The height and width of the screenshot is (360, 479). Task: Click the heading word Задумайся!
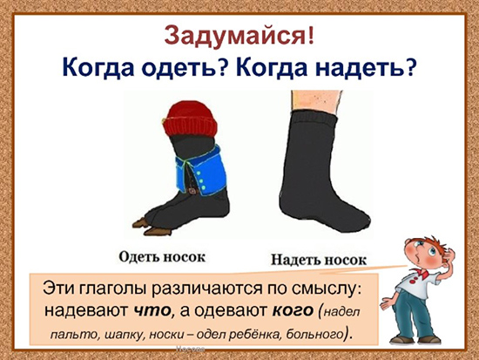[x=239, y=36]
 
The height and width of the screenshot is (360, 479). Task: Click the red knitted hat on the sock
[x=190, y=119]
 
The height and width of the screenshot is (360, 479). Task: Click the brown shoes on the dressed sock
[x=152, y=227]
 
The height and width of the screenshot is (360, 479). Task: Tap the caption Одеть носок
[x=162, y=257]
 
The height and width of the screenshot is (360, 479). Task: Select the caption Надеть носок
[x=319, y=260]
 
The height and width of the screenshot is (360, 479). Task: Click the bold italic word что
[x=152, y=311]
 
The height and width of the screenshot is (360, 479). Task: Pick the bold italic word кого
[x=293, y=311]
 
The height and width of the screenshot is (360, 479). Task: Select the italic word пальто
[x=74, y=335]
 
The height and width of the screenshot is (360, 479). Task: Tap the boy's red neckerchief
[x=420, y=273]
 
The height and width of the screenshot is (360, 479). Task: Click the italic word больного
[x=314, y=335]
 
